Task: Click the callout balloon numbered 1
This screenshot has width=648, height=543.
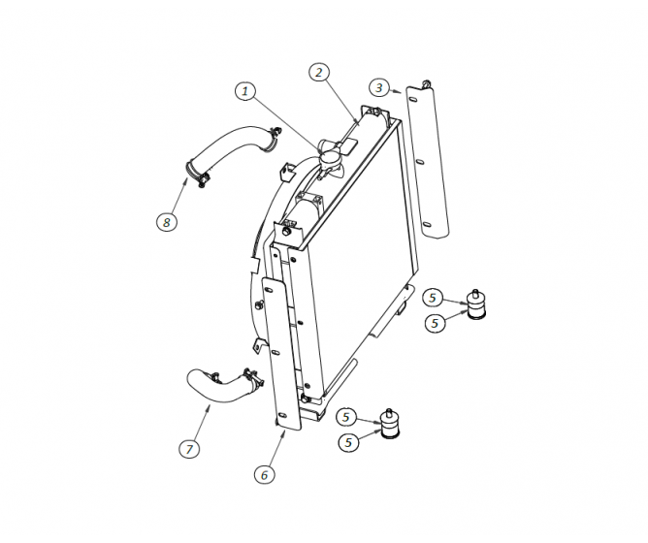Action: pos(247,91)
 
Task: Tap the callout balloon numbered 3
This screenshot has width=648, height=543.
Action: pos(381,88)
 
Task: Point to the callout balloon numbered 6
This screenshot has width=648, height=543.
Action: pos(264,474)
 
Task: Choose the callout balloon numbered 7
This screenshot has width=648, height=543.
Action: pos(190,448)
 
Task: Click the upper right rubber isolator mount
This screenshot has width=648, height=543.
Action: pos(476,304)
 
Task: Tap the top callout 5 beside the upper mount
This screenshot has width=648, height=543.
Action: pos(435,298)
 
